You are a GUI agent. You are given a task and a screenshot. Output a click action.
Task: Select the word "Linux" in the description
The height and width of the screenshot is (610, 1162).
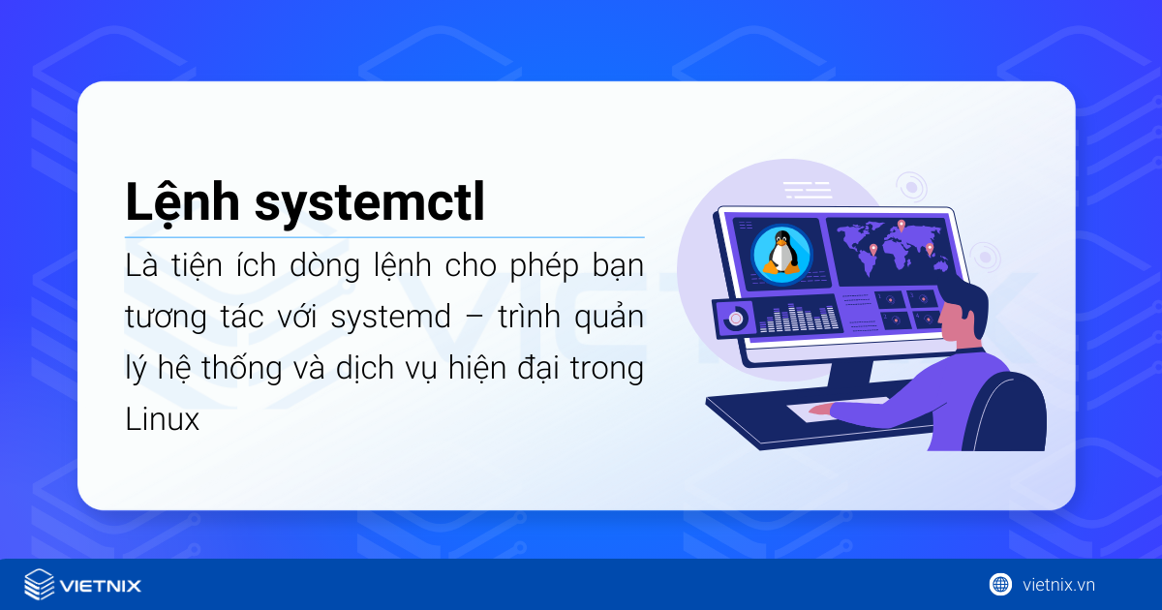(162, 419)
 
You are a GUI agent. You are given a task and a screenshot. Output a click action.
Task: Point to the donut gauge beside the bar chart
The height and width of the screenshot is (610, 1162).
(737, 318)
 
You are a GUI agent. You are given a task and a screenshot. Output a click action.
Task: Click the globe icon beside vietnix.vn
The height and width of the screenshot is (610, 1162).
(999, 584)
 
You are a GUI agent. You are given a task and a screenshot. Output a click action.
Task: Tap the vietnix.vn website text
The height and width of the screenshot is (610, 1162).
(1058, 584)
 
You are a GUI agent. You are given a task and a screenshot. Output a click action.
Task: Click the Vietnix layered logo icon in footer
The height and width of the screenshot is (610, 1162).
(39, 585)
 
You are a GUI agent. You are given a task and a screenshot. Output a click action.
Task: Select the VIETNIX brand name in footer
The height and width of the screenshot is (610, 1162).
(100, 586)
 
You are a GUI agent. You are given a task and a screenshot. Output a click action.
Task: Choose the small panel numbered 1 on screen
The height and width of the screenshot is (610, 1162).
(889, 299)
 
